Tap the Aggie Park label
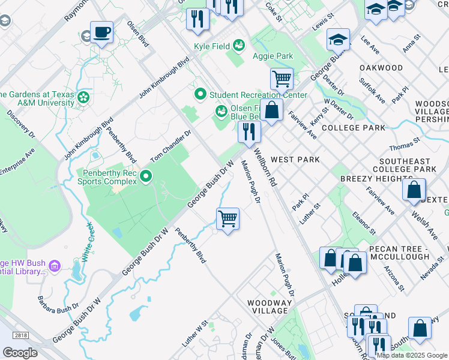pyautogui.click(x=273, y=56)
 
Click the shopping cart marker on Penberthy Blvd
pyautogui.click(x=228, y=218)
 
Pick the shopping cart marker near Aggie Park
pyautogui.click(x=281, y=78)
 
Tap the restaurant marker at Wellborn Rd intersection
pyautogui.click(x=249, y=131)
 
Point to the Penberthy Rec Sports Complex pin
pyautogui.click(x=145, y=176)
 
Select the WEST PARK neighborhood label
pyautogui.click(x=295, y=160)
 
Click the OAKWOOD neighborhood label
pyautogui.click(x=381, y=68)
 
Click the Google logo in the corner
pyautogui.click(x=20, y=352)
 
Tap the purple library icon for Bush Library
pyautogui.click(x=55, y=265)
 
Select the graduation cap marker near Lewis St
pyautogui.click(x=338, y=40)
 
